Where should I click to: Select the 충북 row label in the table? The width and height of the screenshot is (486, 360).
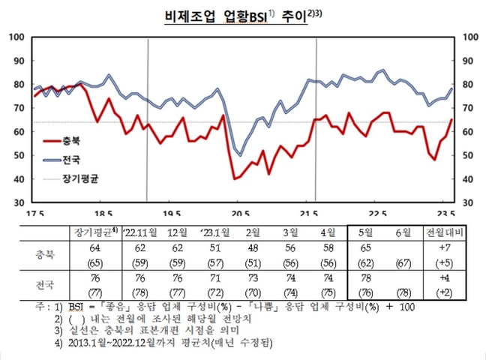[x=46, y=255]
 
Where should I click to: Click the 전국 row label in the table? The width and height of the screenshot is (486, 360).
[x=46, y=285]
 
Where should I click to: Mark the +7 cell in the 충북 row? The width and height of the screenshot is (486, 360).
[x=445, y=248]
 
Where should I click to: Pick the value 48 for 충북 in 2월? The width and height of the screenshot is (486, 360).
[x=254, y=248]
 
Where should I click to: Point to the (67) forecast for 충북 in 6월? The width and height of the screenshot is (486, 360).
[x=406, y=262]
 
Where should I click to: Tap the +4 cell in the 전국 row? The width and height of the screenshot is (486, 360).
[x=445, y=277]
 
